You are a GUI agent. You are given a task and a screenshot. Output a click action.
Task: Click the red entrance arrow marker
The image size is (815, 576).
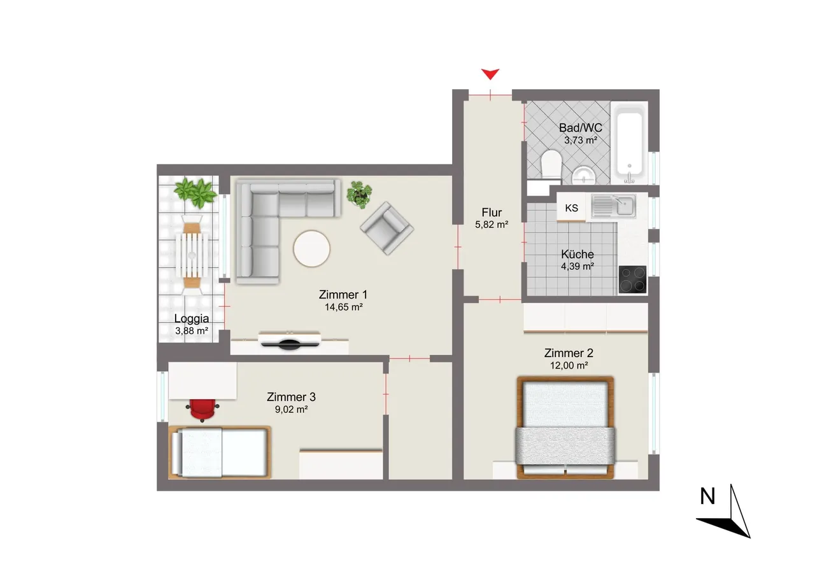(x=490, y=74)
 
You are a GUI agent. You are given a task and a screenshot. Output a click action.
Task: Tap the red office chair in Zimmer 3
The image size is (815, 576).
(x=202, y=409)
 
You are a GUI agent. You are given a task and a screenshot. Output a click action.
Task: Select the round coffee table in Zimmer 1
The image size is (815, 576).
(x=311, y=249)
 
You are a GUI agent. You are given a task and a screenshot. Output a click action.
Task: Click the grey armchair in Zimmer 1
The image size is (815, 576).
(x=386, y=228)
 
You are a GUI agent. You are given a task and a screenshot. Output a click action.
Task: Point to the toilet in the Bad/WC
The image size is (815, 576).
(x=551, y=164)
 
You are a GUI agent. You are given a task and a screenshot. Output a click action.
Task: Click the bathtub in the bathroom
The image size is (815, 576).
(x=630, y=143)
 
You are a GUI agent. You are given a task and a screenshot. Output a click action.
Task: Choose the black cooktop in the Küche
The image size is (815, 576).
(x=632, y=279)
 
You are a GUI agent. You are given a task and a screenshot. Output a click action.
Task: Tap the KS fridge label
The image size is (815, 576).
(x=571, y=208)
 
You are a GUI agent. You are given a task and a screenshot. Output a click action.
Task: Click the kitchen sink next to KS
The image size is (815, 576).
(x=613, y=206)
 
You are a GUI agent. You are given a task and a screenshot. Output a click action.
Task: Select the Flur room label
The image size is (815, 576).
(x=492, y=212)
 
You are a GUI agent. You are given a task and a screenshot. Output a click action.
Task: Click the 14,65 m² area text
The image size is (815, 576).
(x=343, y=307)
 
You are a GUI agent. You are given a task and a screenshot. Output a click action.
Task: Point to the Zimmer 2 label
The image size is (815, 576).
(x=569, y=353)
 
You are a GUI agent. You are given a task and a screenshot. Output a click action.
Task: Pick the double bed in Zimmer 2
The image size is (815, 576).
(x=565, y=428)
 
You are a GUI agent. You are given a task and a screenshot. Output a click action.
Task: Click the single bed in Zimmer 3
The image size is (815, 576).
(x=220, y=453)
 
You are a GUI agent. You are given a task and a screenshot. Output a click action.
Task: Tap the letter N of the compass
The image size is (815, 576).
(x=707, y=496)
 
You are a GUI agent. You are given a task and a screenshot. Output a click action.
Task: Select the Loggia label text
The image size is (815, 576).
(x=192, y=318)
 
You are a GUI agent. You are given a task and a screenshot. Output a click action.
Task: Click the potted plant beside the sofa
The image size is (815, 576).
(x=359, y=195)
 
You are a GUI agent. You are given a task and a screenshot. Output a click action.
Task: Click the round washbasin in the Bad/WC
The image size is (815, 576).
(x=584, y=176)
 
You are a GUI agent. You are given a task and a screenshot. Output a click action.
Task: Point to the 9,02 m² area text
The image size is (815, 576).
(x=292, y=409)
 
